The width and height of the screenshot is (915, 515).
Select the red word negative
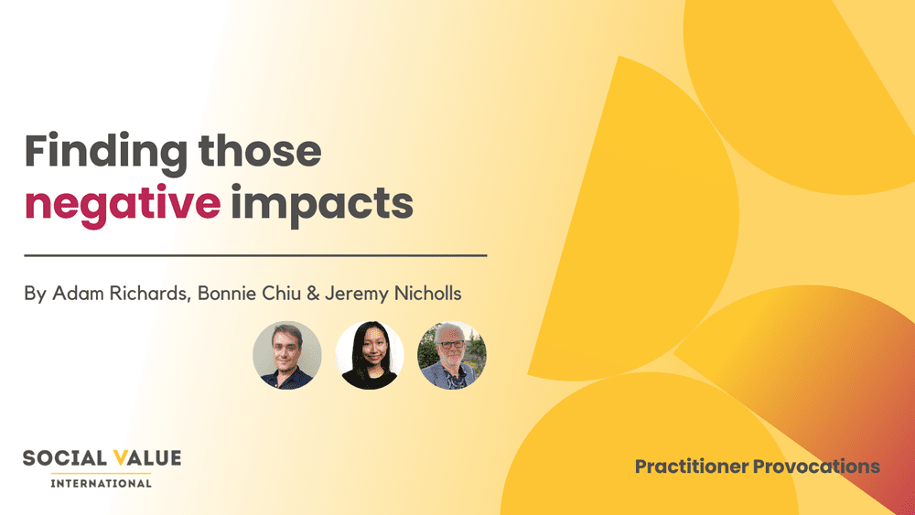123,203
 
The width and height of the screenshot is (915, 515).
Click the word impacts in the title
322,205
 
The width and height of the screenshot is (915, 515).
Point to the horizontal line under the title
255,256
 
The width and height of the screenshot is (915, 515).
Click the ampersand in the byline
308,295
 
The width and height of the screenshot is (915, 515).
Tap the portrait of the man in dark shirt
287,356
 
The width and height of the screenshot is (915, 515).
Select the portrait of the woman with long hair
370,356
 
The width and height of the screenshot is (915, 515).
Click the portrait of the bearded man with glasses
452,356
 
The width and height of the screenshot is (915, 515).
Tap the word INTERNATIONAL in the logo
101,483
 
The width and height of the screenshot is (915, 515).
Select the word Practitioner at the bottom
691,467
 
